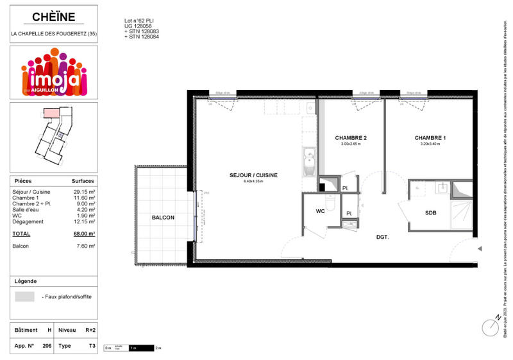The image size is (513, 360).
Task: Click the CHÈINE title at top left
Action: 54,17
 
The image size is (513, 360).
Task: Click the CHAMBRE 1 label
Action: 430,138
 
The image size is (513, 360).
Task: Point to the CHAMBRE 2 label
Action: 351,138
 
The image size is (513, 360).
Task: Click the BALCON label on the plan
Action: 163,218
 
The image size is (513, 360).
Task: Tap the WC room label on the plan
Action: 319,210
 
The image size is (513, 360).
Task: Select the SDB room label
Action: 431,212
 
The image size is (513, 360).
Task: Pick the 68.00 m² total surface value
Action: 85,234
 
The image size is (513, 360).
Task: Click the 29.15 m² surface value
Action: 84,192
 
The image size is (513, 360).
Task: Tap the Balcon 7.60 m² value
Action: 86,246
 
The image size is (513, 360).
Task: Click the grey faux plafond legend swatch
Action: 25,296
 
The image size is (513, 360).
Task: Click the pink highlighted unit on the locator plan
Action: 49,114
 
